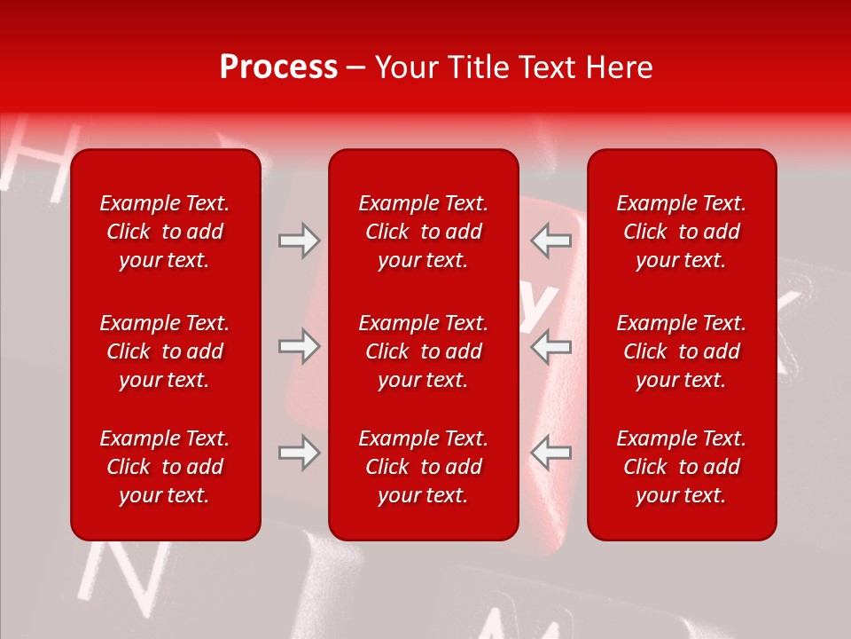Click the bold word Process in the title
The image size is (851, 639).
(278, 67)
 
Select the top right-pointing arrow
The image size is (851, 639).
(299, 241)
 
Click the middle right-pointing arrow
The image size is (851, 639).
(299, 346)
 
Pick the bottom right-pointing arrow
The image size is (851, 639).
(299, 453)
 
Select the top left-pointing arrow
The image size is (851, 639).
(550, 241)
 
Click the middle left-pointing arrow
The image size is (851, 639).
(550, 346)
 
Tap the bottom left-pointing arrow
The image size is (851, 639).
(550, 453)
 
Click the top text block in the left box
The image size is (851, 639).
(165, 232)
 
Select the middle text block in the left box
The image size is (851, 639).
(165, 351)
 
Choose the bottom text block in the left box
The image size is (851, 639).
(165, 467)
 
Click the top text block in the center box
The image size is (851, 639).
(423, 232)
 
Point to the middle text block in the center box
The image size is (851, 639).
(423, 351)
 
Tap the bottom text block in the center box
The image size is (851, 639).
(423, 467)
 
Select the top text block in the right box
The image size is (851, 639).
(681, 232)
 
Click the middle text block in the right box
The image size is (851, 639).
(681, 351)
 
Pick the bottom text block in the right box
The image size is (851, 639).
(681, 467)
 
